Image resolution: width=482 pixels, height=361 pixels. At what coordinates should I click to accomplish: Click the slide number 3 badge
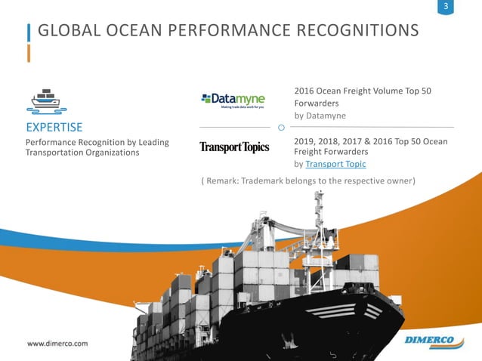click(x=446, y=8)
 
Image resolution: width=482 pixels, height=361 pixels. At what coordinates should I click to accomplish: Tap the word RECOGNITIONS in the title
click(x=350, y=31)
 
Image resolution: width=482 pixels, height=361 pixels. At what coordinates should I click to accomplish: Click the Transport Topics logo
click(x=234, y=147)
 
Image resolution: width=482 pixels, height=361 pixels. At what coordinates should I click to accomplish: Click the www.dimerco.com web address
click(x=58, y=344)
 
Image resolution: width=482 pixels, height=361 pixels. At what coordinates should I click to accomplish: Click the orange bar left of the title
click(x=29, y=53)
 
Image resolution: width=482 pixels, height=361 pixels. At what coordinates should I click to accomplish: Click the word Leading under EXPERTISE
click(x=153, y=142)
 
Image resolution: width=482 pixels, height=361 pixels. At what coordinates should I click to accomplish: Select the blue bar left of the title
click(x=29, y=32)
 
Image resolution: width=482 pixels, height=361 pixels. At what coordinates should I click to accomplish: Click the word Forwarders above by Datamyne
click(x=316, y=103)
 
